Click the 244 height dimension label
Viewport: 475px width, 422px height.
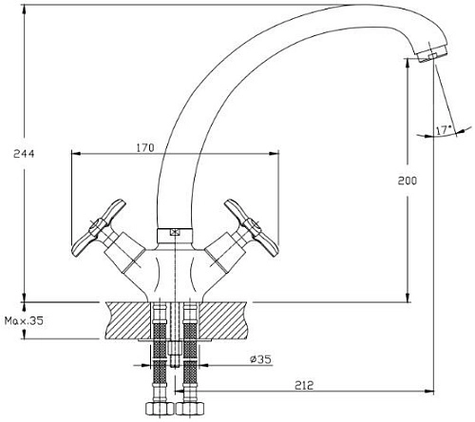24,154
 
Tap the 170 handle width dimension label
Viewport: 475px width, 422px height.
145,147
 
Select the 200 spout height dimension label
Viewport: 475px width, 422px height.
408,181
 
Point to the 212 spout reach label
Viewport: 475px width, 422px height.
304,386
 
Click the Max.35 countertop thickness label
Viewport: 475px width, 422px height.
24,321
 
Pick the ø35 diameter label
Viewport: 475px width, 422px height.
260,359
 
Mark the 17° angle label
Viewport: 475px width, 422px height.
444,130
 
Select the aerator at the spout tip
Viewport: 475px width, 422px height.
431,53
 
